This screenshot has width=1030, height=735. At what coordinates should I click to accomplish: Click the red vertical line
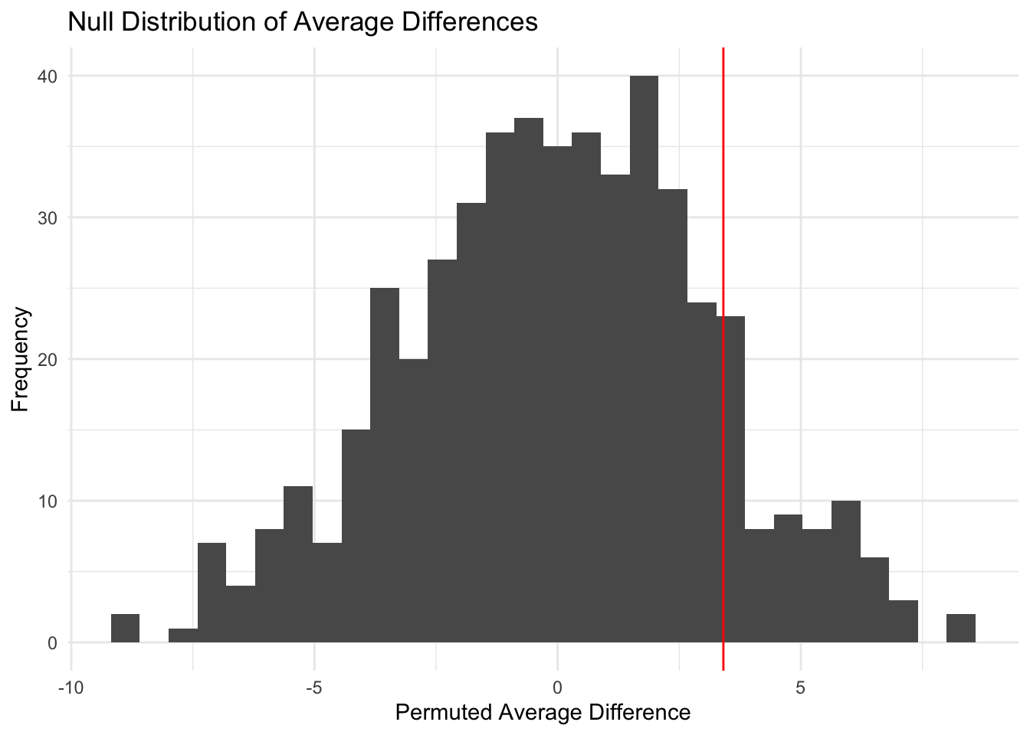pyautogui.click(x=723, y=230)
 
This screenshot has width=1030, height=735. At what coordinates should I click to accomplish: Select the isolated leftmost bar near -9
pyautogui.click(x=125, y=629)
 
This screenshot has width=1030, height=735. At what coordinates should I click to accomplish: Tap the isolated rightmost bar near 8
pyautogui.click(x=960, y=629)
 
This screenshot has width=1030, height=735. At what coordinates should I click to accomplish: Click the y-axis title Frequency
pyautogui.click(x=21, y=359)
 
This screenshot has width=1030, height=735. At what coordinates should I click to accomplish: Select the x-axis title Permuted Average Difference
pyautogui.click(x=543, y=713)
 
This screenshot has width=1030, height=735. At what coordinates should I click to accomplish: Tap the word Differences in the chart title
pyautogui.click(x=475, y=22)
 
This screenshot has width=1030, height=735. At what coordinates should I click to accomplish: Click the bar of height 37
pyautogui.click(x=529, y=383)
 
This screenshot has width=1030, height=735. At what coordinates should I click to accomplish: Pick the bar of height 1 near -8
pyautogui.click(x=183, y=635)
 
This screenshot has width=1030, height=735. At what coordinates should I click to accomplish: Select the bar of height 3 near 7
pyautogui.click(x=903, y=622)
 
